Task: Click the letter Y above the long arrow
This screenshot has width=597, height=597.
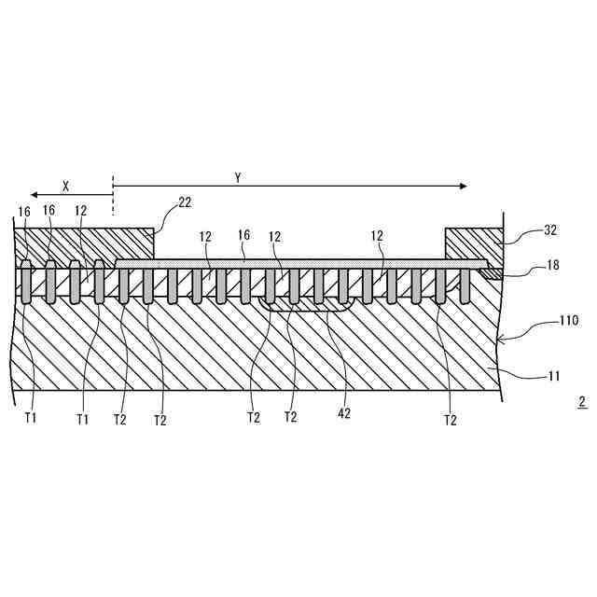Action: point(238,176)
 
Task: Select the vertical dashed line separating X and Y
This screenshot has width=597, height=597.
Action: point(113,195)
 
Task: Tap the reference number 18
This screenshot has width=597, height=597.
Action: point(553,267)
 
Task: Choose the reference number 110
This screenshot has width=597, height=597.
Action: point(568,321)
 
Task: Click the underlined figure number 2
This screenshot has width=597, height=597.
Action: point(582,403)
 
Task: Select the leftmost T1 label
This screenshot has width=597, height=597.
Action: point(31,419)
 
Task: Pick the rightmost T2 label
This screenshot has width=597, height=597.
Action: point(450,419)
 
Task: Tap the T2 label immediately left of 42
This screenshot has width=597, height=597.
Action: point(291,419)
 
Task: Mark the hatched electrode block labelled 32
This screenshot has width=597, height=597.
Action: point(474,243)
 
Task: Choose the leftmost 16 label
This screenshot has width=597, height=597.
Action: point(24,212)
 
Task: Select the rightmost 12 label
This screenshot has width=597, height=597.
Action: point(378,236)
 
